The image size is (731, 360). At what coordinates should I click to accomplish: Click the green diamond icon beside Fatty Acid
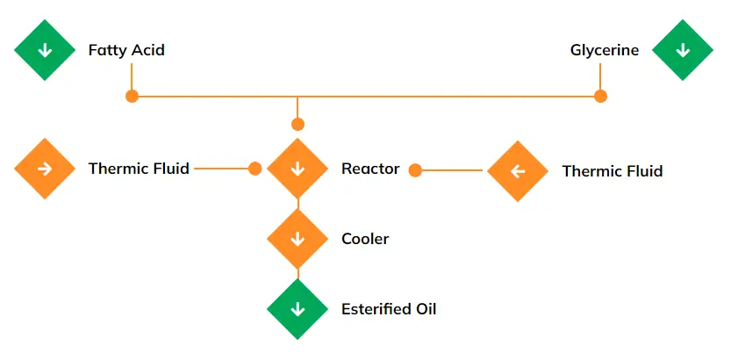(45, 50)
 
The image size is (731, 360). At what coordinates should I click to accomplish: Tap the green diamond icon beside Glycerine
(683, 50)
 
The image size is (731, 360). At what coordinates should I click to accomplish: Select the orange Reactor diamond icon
(297, 169)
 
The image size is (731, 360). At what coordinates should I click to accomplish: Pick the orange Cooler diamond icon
(297, 239)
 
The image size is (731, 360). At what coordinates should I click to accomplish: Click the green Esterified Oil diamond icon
(297, 309)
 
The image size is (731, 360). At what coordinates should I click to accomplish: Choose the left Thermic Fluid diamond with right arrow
(45, 169)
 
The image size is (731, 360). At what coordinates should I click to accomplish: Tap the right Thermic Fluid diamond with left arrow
(517, 170)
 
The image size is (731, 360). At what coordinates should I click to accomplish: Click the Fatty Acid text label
(126, 50)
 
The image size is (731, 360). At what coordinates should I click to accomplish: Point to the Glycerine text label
(605, 50)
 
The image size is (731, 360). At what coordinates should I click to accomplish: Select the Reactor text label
(370, 169)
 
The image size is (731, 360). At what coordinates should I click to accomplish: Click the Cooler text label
(365, 239)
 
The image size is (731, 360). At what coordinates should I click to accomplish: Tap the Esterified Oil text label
(388, 309)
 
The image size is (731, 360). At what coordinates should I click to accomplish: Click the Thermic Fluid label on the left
(139, 169)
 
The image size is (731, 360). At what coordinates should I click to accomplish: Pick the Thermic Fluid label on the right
(612, 171)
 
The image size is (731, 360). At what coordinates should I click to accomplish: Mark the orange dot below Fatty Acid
(132, 96)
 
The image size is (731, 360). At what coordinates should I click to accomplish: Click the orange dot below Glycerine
(600, 96)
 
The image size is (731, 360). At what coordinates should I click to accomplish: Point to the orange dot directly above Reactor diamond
(297, 124)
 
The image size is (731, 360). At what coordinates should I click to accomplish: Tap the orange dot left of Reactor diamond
(254, 169)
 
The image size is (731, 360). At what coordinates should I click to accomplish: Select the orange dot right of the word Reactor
(416, 170)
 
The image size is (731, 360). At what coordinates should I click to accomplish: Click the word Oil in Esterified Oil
(424, 309)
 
